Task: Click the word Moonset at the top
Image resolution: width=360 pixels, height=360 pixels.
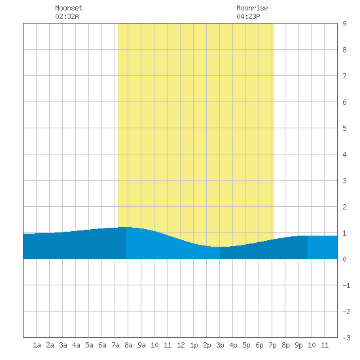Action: tap(69, 8)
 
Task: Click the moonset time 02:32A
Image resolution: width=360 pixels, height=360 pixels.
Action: tap(67, 16)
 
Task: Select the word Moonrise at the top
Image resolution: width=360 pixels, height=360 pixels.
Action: tap(252, 8)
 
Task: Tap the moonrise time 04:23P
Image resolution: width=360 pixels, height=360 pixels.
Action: tap(248, 16)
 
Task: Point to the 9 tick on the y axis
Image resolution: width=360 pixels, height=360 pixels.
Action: tap(344, 24)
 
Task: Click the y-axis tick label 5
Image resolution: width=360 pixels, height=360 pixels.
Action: tap(344, 128)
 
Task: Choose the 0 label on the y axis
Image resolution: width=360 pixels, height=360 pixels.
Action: tap(344, 259)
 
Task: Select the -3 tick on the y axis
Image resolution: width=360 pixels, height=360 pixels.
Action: tap(346, 338)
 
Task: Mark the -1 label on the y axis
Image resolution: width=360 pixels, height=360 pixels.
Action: tap(346, 285)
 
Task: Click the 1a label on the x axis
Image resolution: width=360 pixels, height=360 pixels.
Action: tap(37, 345)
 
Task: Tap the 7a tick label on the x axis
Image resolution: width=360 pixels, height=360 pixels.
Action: tap(115, 345)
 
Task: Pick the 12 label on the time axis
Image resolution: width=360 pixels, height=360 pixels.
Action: tap(181, 345)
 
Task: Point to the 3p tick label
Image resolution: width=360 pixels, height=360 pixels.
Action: tap(220, 345)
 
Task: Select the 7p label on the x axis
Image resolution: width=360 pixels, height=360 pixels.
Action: tap(272, 345)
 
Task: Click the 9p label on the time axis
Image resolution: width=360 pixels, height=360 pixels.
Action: tap(298, 345)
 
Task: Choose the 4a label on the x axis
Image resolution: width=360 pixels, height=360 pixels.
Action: tap(76, 345)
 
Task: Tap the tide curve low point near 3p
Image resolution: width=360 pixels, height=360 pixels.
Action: tap(220, 247)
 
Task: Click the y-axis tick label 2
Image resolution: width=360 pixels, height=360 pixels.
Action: tap(344, 207)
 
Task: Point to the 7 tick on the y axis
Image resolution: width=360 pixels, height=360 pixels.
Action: tap(344, 76)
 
